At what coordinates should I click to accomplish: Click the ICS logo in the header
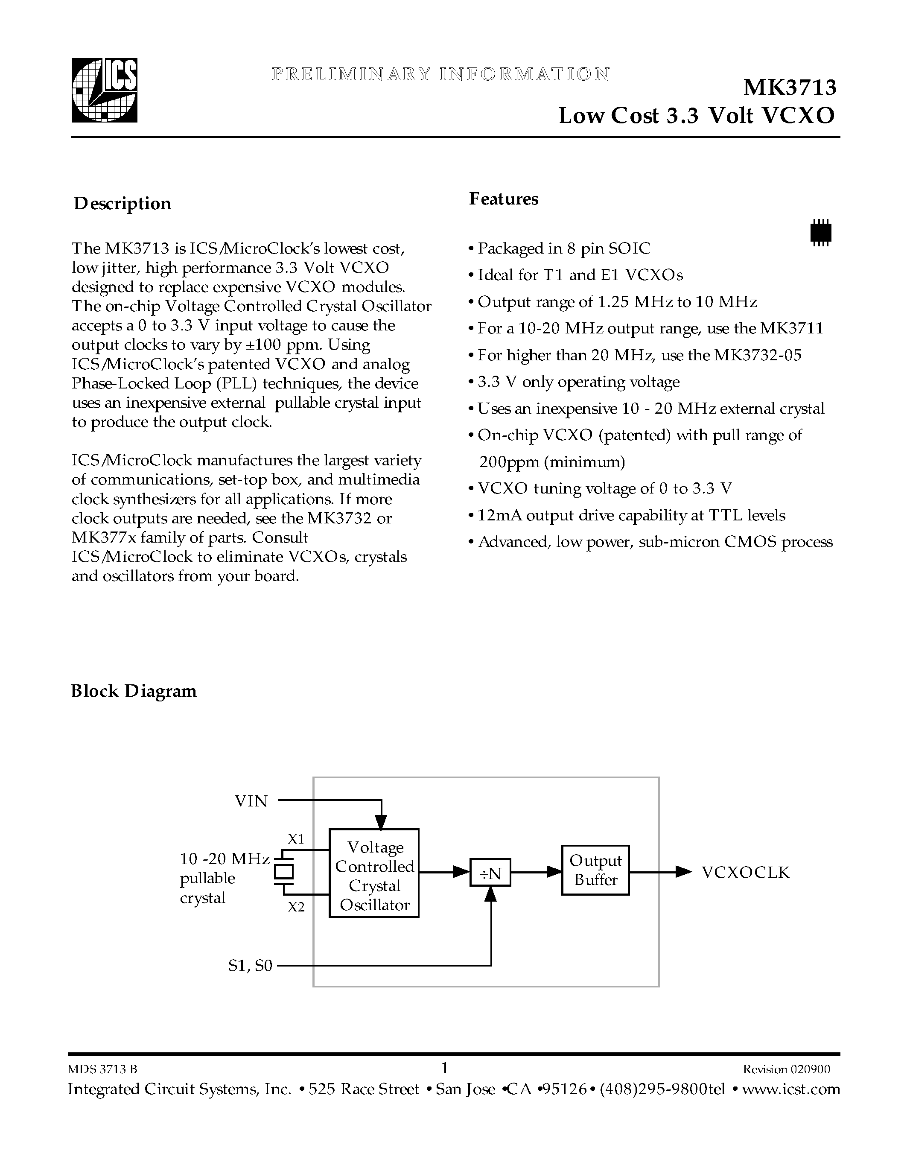(x=105, y=91)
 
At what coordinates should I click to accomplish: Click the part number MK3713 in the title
(x=789, y=88)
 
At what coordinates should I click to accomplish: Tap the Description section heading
(x=122, y=204)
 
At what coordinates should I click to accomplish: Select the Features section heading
(x=504, y=199)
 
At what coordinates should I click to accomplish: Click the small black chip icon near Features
(x=820, y=232)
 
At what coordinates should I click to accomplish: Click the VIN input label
(x=251, y=801)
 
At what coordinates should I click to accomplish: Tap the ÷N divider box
(x=490, y=874)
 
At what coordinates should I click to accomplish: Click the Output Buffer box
(x=595, y=870)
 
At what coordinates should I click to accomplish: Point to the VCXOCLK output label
(x=745, y=873)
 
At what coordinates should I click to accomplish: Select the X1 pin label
(x=296, y=839)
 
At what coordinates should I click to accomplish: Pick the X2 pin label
(x=296, y=907)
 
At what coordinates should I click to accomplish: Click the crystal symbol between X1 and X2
(x=284, y=872)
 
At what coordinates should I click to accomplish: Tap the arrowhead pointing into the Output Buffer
(x=554, y=871)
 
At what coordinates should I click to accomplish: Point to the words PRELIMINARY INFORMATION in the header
(x=440, y=74)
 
